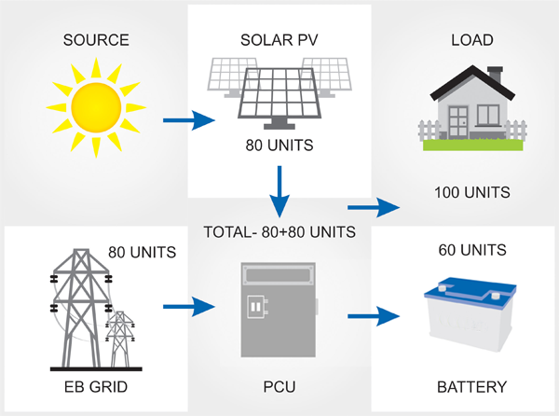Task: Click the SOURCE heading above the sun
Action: coord(96,40)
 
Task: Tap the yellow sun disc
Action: coord(96,107)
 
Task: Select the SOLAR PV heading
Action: coord(279,40)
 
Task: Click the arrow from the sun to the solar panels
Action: coord(189,120)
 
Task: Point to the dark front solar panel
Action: coord(279,93)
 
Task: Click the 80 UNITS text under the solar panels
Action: coord(279,146)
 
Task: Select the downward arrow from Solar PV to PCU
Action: coord(279,191)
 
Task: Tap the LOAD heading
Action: coord(472,40)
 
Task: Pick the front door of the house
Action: coord(458,122)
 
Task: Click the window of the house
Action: coord(488,115)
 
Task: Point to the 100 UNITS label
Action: coord(472,192)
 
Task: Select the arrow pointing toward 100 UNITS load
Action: coord(374,207)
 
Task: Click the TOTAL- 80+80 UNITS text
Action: coord(279,232)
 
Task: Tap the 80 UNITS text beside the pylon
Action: coord(143,252)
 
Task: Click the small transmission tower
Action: coord(120,339)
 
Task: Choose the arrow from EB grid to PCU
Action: coord(189,307)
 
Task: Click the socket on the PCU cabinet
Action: coord(257,307)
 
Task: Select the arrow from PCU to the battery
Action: coord(374,316)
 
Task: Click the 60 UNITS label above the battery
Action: coord(472,250)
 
